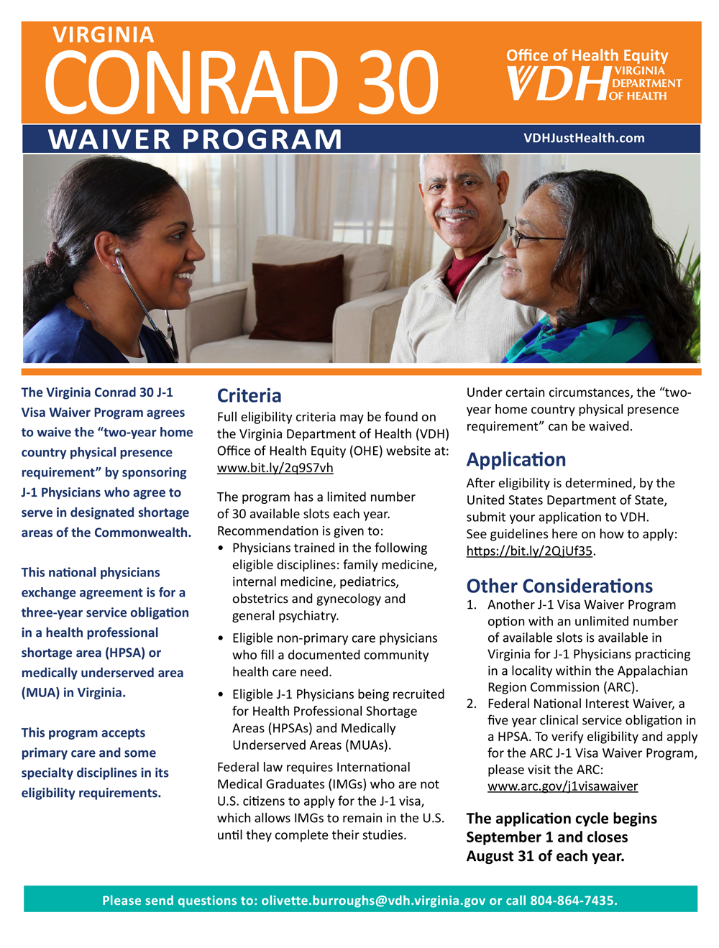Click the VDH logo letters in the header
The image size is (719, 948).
click(x=558, y=83)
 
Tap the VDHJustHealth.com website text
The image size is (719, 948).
click(x=584, y=138)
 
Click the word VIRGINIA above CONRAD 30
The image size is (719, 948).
click(x=104, y=34)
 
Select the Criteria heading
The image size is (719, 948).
click(x=249, y=395)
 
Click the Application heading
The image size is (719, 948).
click(x=516, y=459)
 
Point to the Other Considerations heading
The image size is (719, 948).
click(x=559, y=586)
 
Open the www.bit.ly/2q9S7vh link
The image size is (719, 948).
click(x=275, y=468)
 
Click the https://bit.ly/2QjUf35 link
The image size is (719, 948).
click(x=529, y=551)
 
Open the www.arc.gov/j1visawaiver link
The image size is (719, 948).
click(x=562, y=786)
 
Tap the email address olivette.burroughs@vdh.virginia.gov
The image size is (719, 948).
click(x=373, y=901)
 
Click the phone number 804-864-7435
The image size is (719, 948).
click(x=572, y=901)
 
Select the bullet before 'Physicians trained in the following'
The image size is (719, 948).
click(x=221, y=548)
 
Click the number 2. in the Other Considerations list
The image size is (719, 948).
click(x=471, y=704)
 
